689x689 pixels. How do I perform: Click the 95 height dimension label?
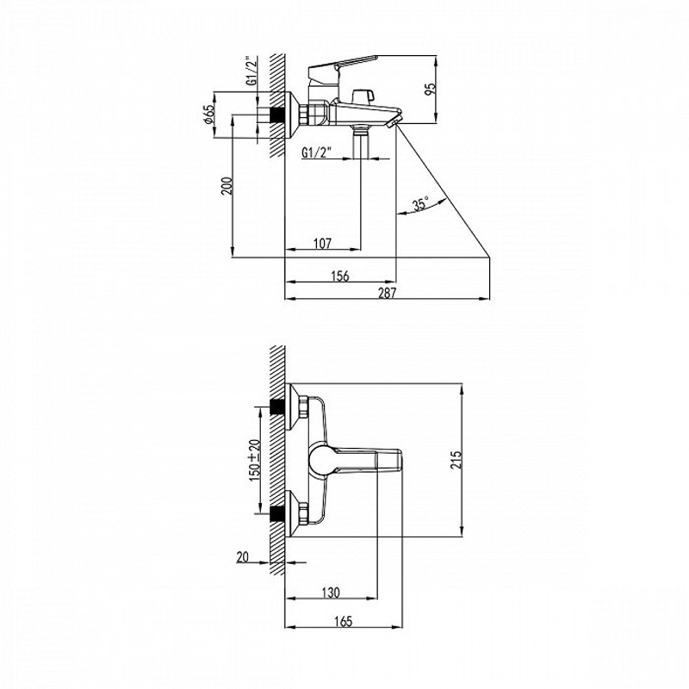pos(432,89)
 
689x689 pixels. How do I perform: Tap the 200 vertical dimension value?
pos(226,186)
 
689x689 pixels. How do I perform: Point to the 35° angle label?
pos(420,204)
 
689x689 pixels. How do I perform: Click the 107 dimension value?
pos(322,243)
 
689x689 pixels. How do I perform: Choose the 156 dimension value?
pos(340,276)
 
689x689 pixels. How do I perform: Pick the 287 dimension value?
pos(387,293)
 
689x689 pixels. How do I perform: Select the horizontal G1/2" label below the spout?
pos(316,152)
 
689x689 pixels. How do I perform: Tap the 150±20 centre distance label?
pos(255,460)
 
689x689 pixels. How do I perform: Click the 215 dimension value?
pos(456,460)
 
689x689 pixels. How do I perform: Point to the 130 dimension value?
pos(331,593)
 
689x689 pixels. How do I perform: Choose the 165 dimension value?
pos(343,621)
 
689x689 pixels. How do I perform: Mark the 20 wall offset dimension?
pos(243,557)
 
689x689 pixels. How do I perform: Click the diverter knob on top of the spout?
pos(363,96)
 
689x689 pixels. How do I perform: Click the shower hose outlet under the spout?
pos(361,140)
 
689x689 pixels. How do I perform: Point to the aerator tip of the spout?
pos(394,121)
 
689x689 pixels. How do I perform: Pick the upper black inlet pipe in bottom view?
pos(276,406)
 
